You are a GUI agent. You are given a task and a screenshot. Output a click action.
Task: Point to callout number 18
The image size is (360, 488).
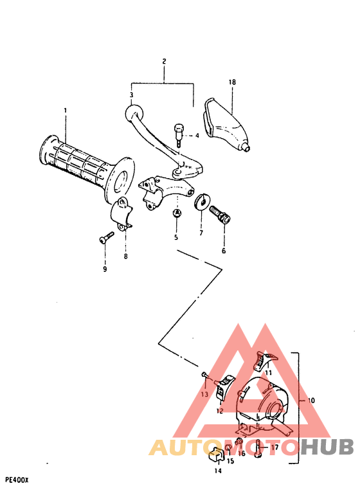(233, 82)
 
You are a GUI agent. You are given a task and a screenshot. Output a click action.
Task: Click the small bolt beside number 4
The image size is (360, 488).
(178, 132)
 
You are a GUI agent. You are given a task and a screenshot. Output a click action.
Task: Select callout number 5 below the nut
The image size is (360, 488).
(175, 237)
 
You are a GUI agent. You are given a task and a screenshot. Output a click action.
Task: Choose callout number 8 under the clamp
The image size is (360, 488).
(126, 257)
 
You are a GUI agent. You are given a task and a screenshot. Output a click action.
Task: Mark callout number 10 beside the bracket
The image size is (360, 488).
(311, 401)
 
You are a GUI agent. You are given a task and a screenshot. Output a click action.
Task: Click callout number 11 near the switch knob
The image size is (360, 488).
(268, 373)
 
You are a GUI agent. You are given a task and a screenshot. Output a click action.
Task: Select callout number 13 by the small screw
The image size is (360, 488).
(204, 393)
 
